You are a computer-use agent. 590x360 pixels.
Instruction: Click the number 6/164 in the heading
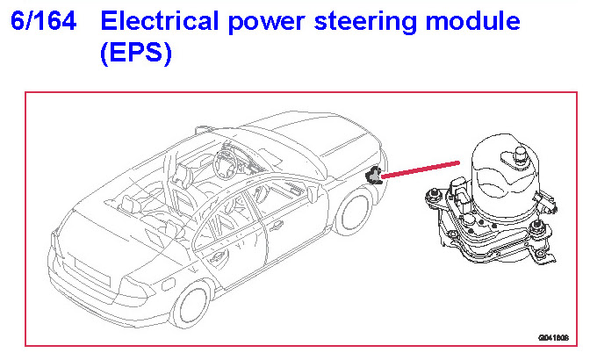tap(45, 21)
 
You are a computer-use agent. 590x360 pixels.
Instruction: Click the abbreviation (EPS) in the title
tap(136, 54)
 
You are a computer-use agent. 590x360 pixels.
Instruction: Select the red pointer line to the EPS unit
tap(421, 169)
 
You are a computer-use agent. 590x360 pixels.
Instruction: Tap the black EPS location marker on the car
tap(375, 176)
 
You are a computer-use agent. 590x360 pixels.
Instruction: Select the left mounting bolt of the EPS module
tap(432, 195)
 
